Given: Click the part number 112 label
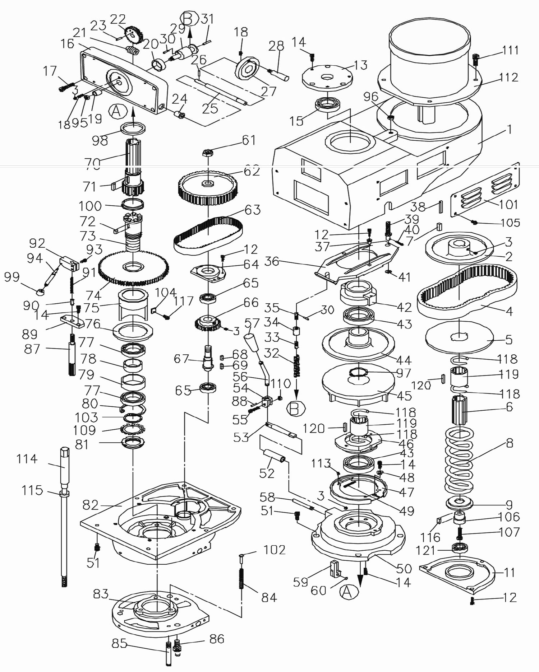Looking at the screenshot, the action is pyautogui.click(x=508, y=78).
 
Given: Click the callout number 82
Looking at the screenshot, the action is pyautogui.click(x=91, y=505).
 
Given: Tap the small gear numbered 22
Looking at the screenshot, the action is pyautogui.click(x=133, y=34).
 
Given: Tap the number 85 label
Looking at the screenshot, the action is pyautogui.click(x=119, y=643).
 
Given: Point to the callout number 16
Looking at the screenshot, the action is pyautogui.click(x=67, y=44).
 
